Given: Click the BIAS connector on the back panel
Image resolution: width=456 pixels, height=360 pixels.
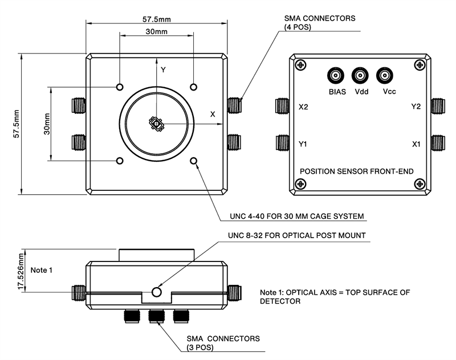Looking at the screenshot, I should (x=335, y=75).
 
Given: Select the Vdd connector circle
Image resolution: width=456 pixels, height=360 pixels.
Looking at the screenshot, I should (x=360, y=75).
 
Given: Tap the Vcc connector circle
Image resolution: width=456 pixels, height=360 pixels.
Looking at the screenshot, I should (x=385, y=75).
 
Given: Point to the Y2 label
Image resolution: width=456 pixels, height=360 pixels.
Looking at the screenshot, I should (x=416, y=107).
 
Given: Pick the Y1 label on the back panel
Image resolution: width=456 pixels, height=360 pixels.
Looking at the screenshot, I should (x=303, y=144).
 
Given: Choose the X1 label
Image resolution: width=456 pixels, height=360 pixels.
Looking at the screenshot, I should (x=416, y=144).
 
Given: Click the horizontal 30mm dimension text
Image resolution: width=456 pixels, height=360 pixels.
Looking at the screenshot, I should (x=156, y=32).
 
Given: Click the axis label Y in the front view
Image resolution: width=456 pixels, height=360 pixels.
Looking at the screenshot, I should (x=163, y=69).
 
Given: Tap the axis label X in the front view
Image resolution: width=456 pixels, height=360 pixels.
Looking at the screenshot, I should (x=213, y=114).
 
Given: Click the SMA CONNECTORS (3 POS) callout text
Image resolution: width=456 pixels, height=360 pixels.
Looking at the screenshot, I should (x=223, y=342).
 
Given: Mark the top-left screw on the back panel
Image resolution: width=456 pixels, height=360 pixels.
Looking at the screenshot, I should (x=299, y=65).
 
